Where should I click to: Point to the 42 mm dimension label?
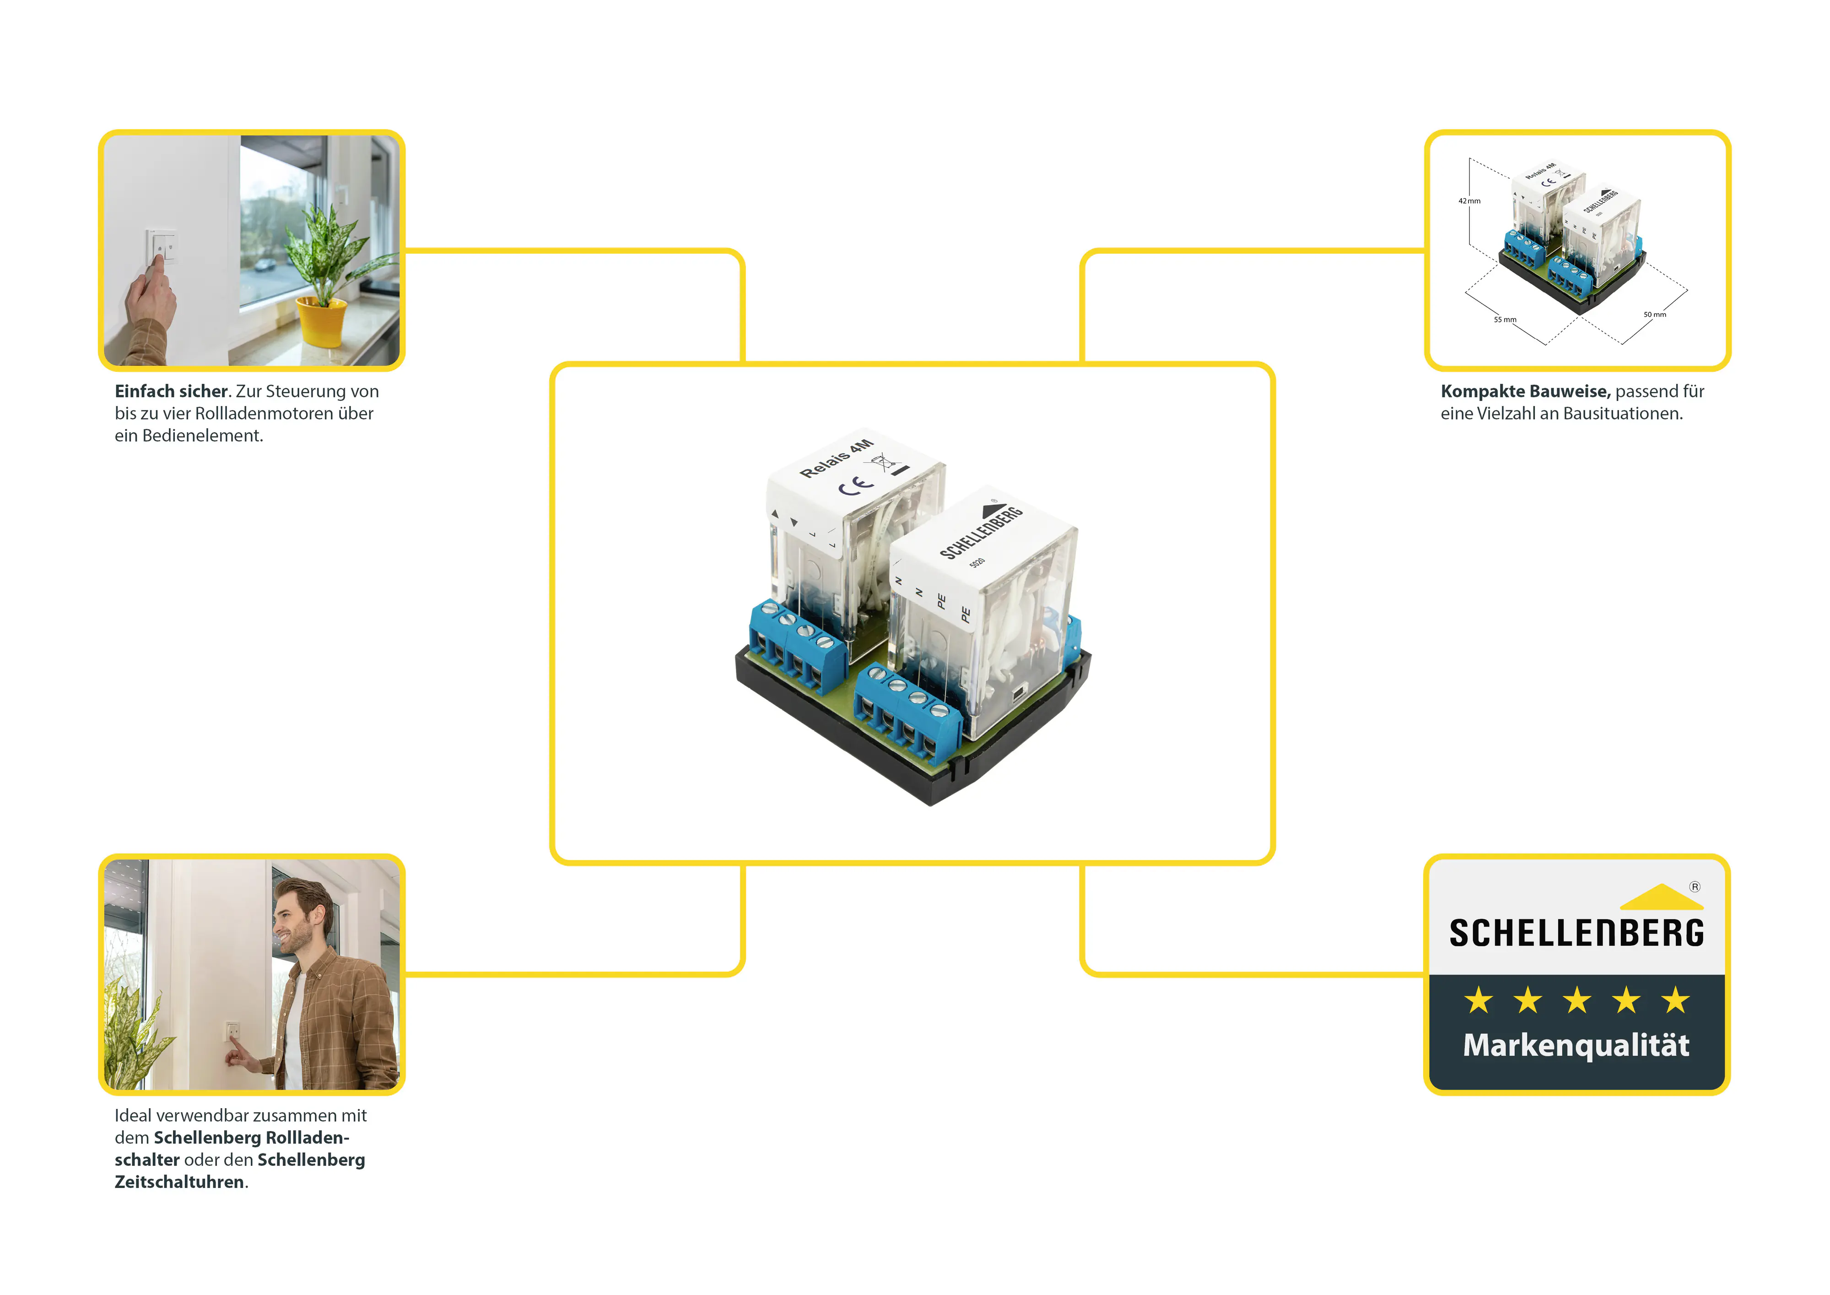1469,201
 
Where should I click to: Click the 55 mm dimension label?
1505,320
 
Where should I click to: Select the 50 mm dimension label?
1655,314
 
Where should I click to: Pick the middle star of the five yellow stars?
1576,1000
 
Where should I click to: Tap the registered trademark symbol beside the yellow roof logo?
1695,887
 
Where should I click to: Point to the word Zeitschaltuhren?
179,1182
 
